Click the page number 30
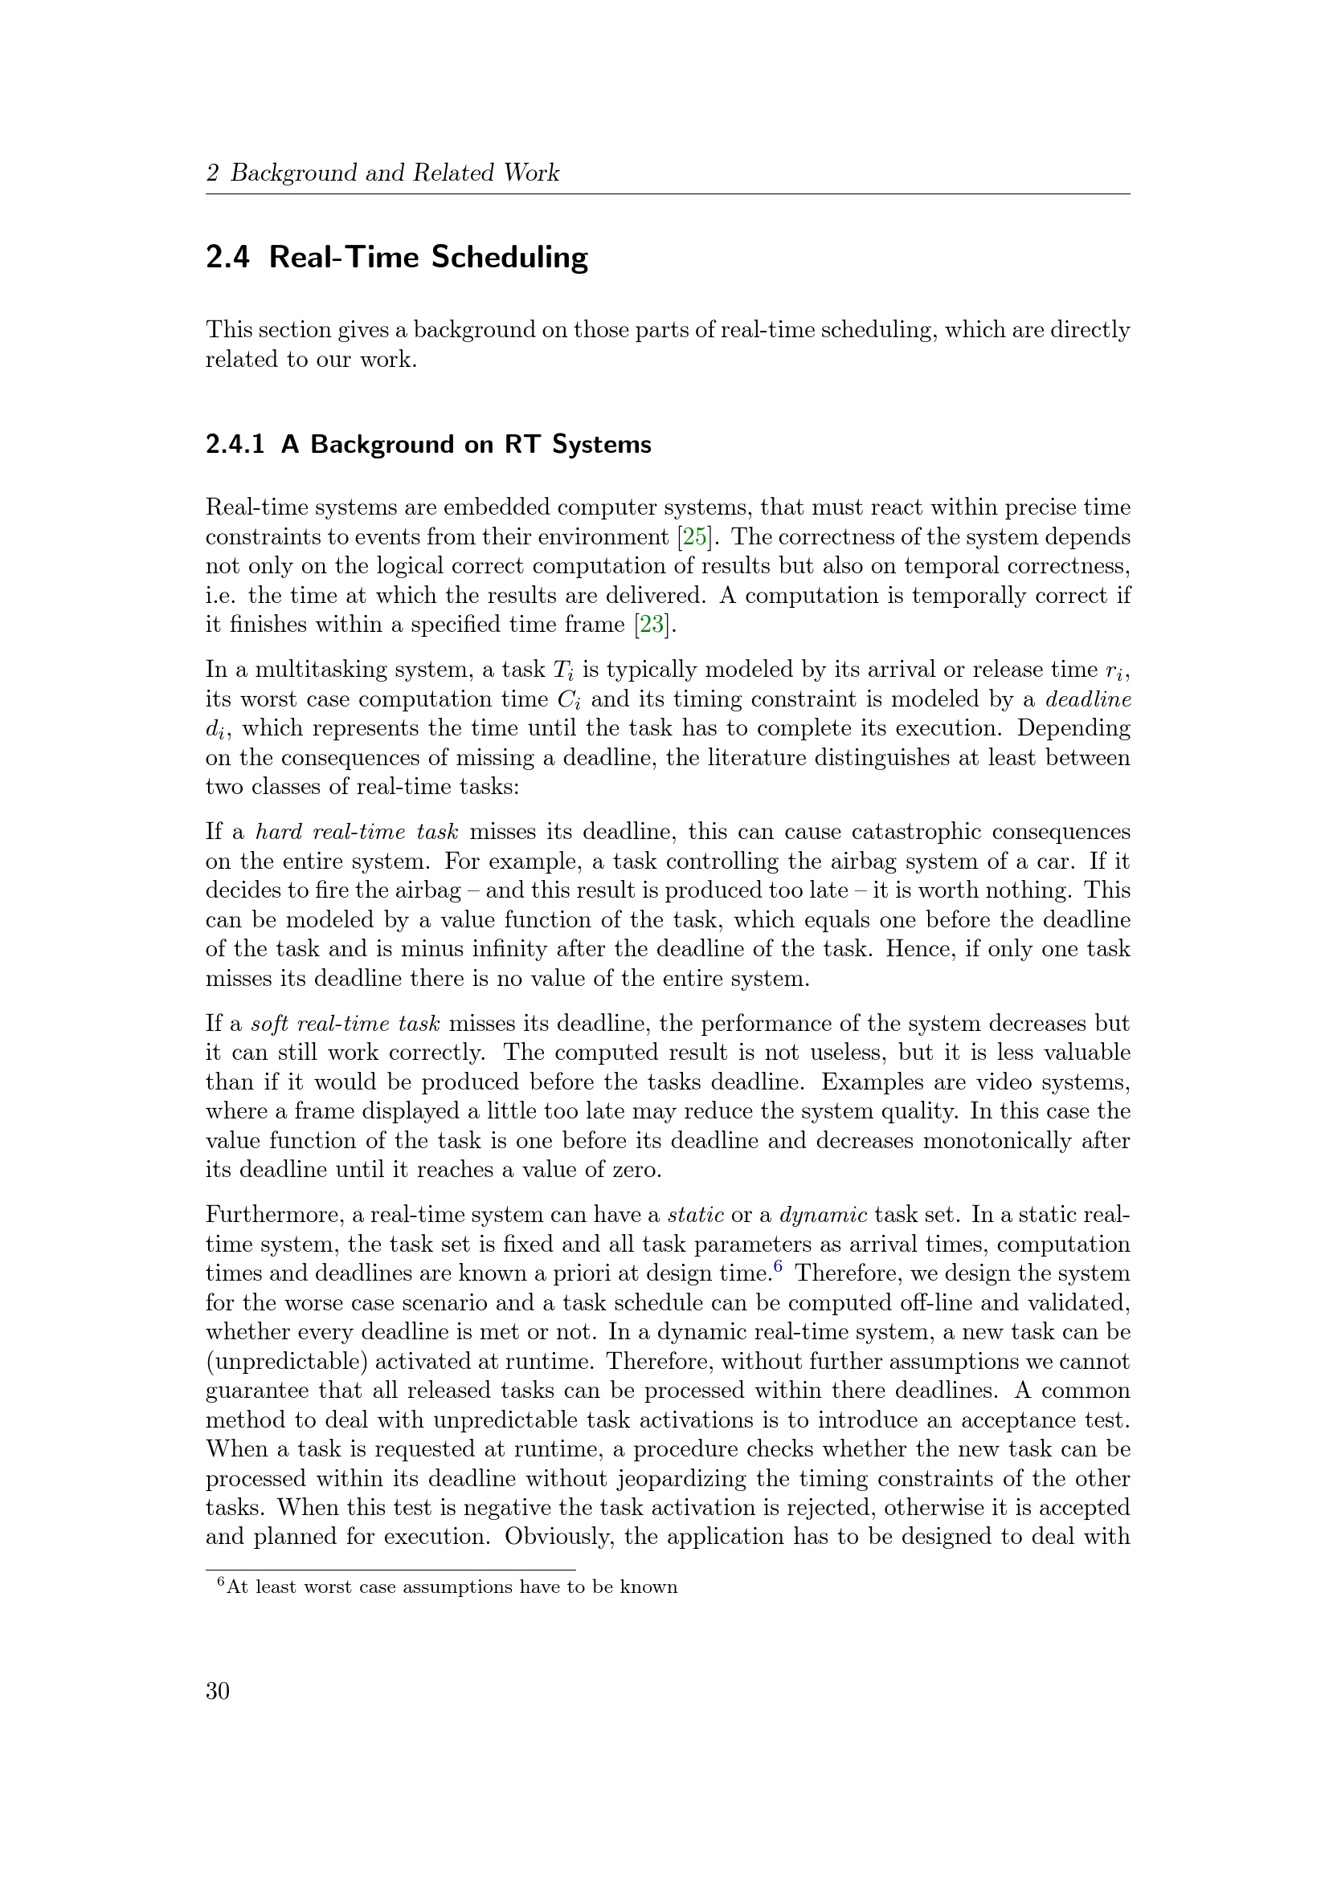(x=218, y=1691)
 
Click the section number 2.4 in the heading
(x=227, y=257)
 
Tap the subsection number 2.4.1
(x=235, y=444)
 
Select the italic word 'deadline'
(x=1089, y=699)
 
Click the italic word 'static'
(x=696, y=1215)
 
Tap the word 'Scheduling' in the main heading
(x=510, y=258)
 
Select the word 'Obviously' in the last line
(x=559, y=1535)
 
